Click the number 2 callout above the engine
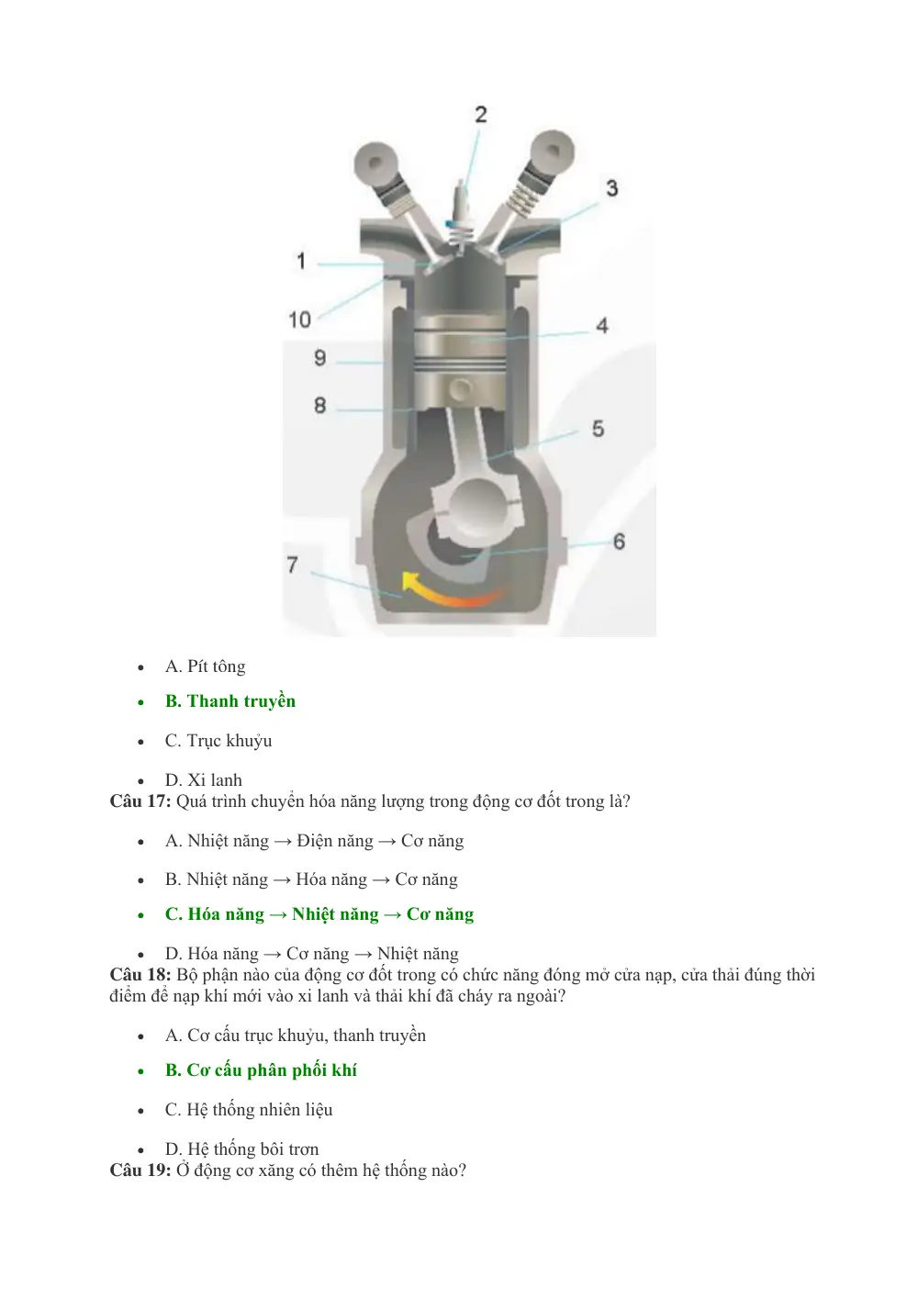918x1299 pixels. (x=481, y=114)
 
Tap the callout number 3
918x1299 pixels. (x=611, y=188)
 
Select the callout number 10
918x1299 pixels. (x=300, y=319)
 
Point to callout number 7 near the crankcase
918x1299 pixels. (x=292, y=565)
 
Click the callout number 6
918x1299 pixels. (x=619, y=541)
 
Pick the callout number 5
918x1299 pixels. (x=598, y=429)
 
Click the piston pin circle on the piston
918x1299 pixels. (x=461, y=388)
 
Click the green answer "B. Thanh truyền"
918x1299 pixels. (x=230, y=700)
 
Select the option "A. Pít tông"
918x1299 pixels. (x=206, y=666)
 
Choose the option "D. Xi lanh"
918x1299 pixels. (x=204, y=779)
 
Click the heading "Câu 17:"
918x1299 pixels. (x=140, y=801)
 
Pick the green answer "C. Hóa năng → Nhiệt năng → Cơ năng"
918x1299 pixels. (x=319, y=914)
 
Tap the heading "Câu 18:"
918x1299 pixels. (x=140, y=974)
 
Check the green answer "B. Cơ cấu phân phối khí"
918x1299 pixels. (x=261, y=1069)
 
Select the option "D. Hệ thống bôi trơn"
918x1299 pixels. (x=241, y=1148)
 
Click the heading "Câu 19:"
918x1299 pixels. (x=140, y=1170)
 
